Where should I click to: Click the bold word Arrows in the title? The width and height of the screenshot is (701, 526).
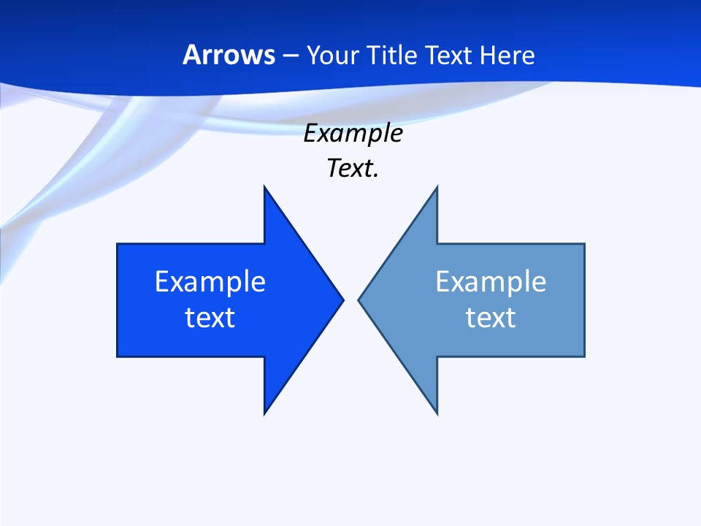[x=229, y=55]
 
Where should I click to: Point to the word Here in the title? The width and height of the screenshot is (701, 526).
[x=507, y=55]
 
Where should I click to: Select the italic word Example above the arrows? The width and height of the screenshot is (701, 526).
[x=353, y=134]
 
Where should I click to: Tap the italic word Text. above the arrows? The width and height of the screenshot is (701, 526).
[x=353, y=169]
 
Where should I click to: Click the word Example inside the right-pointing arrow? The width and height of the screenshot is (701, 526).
[x=210, y=282]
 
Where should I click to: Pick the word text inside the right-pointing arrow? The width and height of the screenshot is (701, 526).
[x=210, y=318]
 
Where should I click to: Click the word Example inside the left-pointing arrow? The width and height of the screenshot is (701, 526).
[x=491, y=282]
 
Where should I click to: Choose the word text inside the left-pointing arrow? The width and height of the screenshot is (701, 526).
[x=491, y=318]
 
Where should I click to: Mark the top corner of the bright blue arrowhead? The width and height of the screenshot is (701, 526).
[x=265, y=188]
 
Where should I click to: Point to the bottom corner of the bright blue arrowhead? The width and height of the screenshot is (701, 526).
[x=265, y=413]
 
